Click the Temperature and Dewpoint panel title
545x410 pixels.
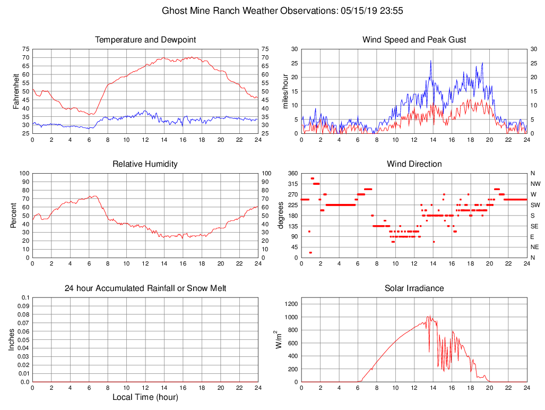coord(145,40)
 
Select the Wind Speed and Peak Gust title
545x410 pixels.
coord(414,40)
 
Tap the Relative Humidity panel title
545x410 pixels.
coord(145,164)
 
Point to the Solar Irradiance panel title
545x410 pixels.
coord(414,288)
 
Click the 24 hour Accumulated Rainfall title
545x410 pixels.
coord(145,288)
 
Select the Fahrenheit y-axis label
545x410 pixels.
coord(16,91)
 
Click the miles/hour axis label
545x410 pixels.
coord(285,91)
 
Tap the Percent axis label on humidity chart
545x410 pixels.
coord(13,215)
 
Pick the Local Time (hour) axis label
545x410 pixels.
coord(145,397)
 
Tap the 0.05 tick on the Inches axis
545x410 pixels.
coord(24,339)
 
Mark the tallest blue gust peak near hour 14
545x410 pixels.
coord(431,61)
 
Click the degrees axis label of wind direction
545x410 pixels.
coord(280,215)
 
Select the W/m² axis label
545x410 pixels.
coord(278,339)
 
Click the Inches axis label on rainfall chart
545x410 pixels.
coord(12,339)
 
